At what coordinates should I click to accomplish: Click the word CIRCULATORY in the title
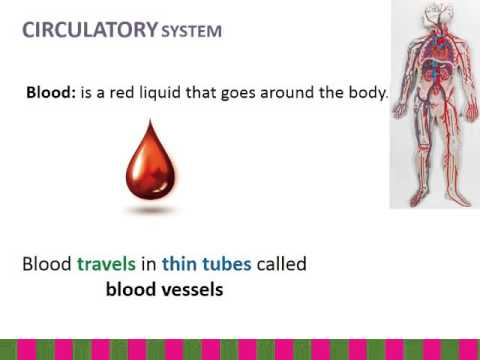pos(86,30)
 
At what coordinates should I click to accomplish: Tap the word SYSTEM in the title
pos(190,32)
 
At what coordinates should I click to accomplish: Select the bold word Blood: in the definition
pos(52,94)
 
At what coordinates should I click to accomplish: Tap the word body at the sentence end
pos(362,94)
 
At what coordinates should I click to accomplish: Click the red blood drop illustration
pos(150,166)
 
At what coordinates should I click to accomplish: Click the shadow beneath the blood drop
pos(151,211)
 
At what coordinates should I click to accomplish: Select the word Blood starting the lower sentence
pos(46,265)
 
